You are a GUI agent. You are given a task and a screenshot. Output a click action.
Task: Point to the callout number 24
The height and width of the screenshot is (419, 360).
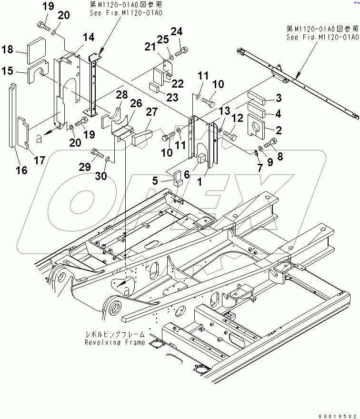(177, 32)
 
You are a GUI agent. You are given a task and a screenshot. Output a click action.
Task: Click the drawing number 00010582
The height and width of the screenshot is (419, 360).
(339, 414)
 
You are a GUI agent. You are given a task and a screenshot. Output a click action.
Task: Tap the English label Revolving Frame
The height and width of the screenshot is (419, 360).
(114, 342)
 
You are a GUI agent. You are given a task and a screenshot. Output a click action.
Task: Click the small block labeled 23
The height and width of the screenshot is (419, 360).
(153, 86)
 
